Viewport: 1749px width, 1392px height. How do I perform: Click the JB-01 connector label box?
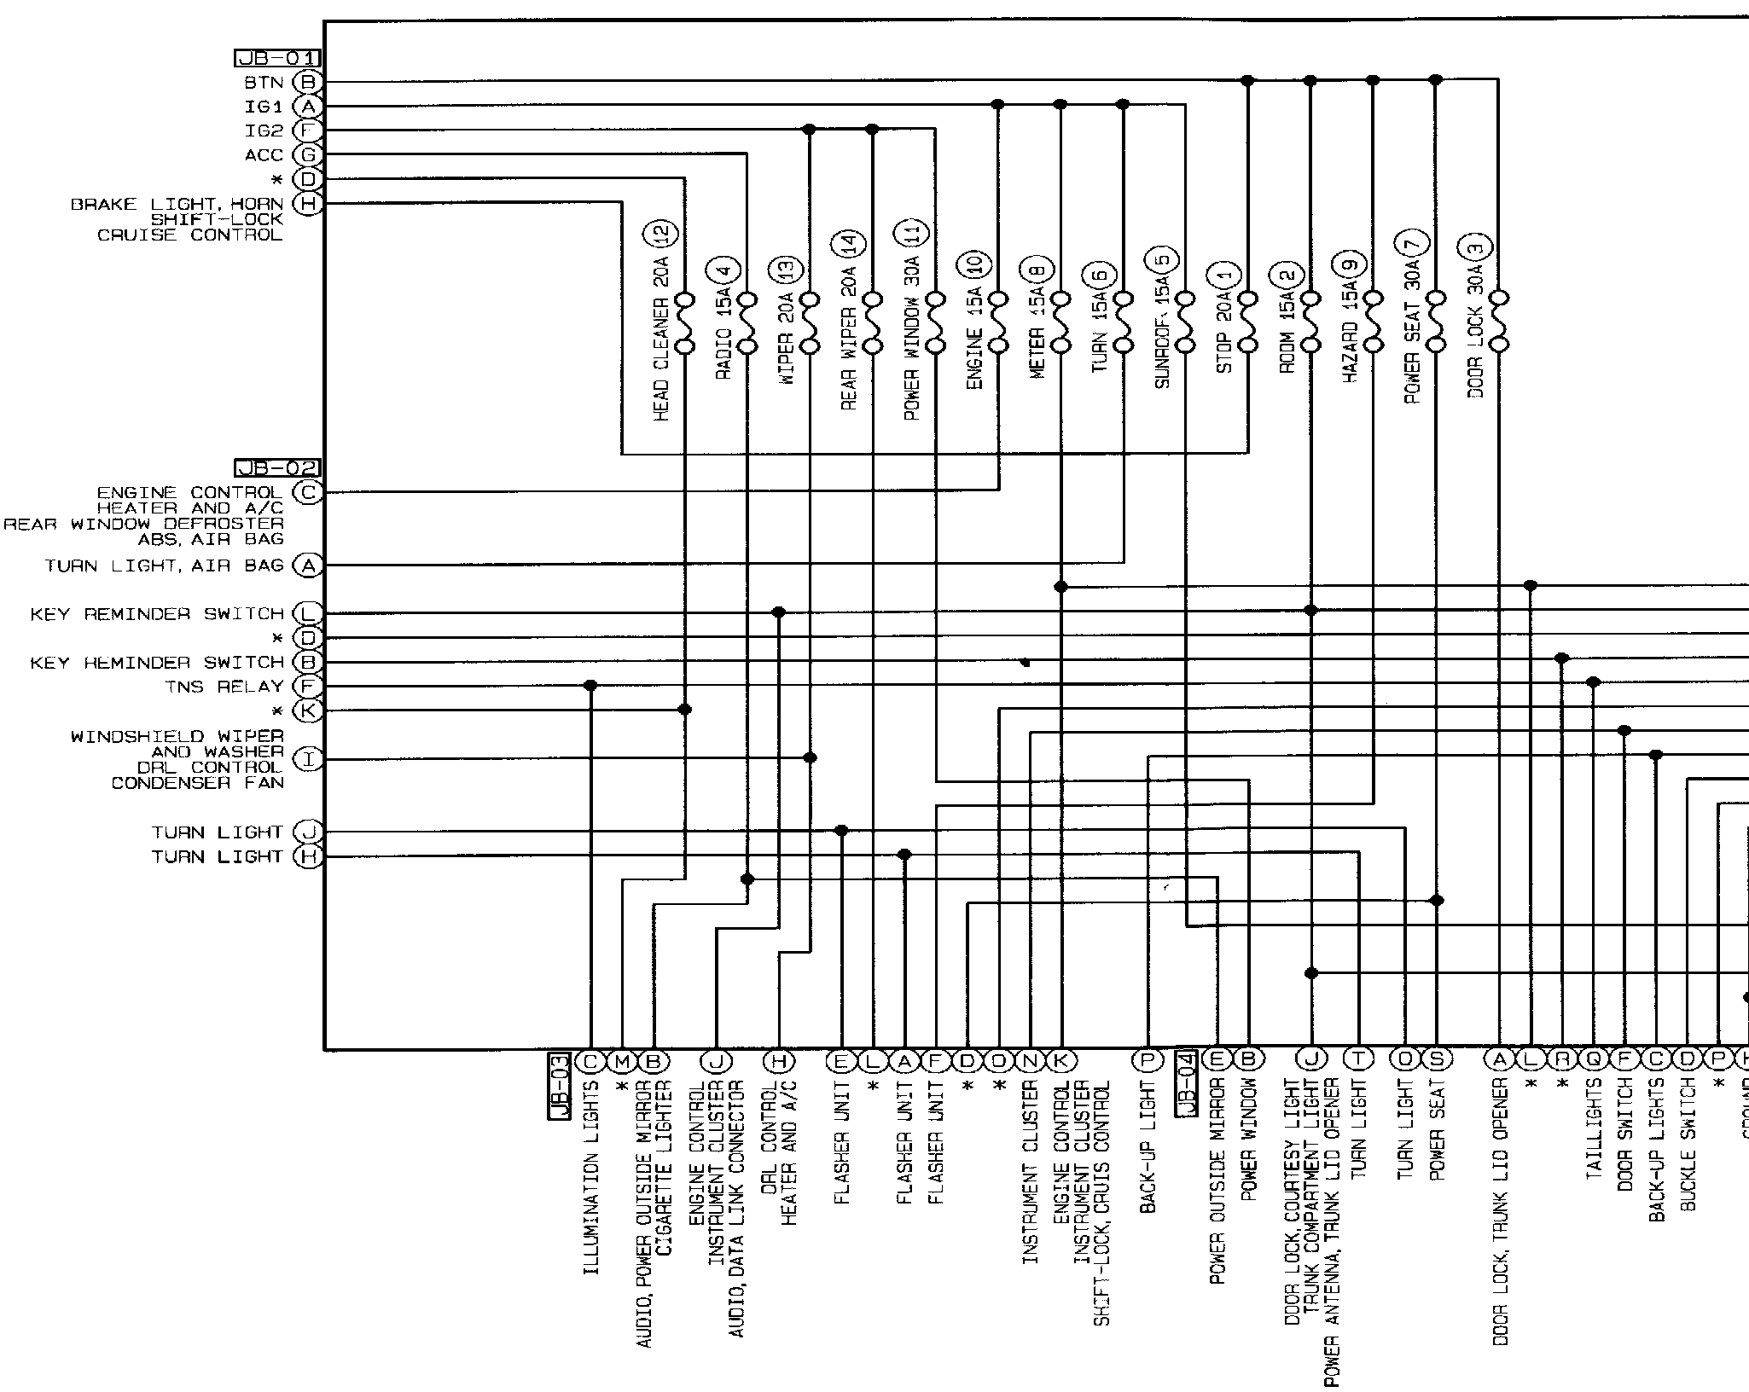click(277, 58)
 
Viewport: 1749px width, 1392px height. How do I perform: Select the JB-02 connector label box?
click(277, 467)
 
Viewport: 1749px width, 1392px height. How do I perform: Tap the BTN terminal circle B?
click(308, 82)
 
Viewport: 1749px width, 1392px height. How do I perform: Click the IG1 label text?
click(264, 107)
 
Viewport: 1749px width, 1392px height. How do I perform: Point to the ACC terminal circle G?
click(308, 154)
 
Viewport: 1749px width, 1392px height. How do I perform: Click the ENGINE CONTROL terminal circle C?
click(308, 492)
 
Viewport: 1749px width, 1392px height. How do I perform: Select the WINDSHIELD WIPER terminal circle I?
click(308, 758)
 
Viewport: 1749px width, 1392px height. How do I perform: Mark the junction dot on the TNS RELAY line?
click(590, 686)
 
